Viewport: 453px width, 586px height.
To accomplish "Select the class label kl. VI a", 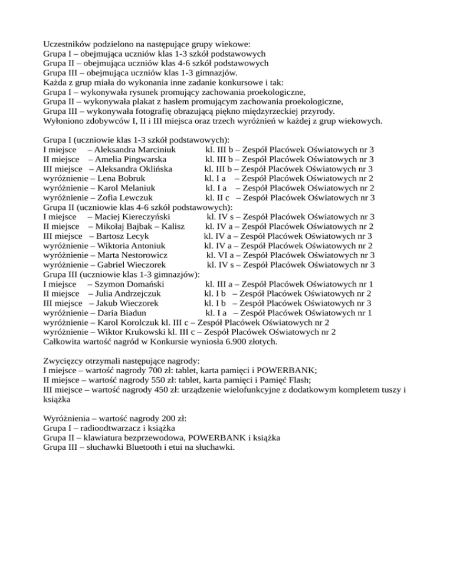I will pyautogui.click(x=221, y=255).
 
